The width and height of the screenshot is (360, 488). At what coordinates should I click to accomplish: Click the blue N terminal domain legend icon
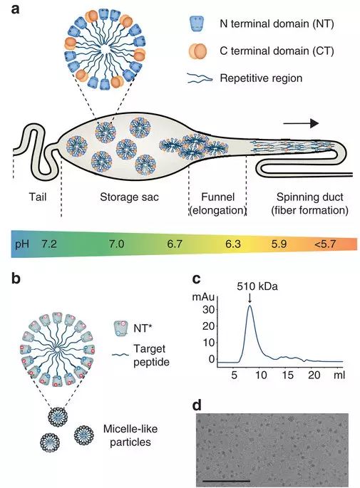click(197, 24)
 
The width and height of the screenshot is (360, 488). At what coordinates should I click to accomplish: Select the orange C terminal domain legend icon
click(197, 51)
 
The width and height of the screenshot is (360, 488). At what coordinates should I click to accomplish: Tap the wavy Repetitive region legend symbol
click(200, 78)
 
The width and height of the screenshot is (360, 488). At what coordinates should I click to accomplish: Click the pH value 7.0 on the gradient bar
click(116, 244)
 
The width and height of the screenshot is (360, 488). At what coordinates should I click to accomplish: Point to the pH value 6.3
click(233, 244)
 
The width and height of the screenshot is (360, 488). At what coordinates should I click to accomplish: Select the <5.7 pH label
click(325, 244)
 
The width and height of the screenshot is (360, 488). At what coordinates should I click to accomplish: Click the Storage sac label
click(129, 197)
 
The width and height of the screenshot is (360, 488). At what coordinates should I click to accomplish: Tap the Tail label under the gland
click(38, 197)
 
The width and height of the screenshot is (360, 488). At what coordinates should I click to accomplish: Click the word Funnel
click(217, 197)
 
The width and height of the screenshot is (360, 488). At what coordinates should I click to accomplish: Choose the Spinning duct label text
click(310, 197)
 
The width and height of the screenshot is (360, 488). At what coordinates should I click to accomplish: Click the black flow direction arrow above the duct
click(301, 123)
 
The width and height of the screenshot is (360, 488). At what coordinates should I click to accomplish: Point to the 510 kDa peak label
click(257, 286)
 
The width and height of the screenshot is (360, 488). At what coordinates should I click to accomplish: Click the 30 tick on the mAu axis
click(207, 310)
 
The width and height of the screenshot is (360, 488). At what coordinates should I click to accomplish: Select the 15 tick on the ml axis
click(288, 375)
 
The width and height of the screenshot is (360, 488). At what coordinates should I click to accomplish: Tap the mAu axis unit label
click(203, 297)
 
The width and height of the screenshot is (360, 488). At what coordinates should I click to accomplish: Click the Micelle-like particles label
click(130, 435)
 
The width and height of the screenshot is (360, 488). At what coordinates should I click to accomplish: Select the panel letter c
click(197, 279)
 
